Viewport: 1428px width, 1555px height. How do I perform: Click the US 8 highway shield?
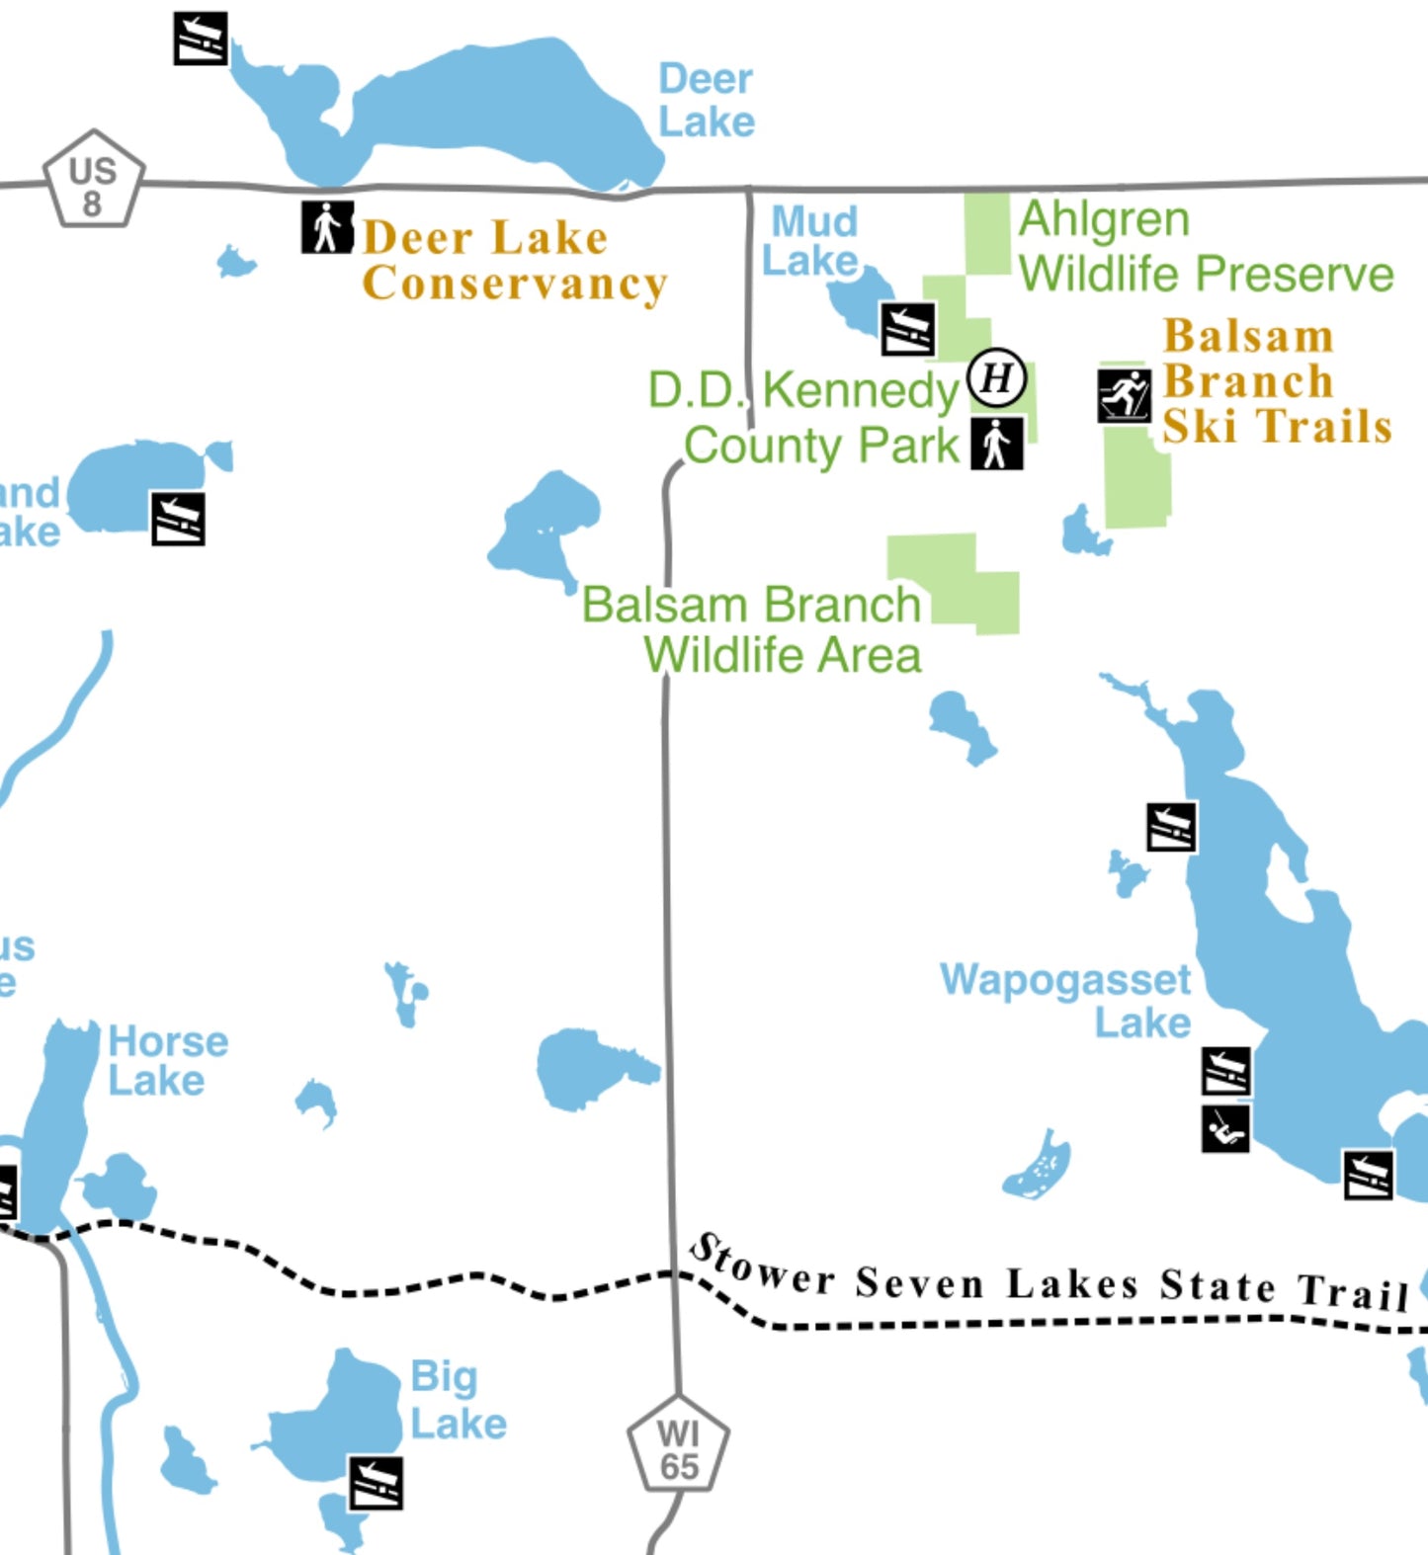coord(93,181)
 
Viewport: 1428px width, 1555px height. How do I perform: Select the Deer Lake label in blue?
coord(706,101)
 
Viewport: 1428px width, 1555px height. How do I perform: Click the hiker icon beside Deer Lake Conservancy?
coord(327,228)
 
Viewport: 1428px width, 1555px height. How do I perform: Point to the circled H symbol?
coord(996,377)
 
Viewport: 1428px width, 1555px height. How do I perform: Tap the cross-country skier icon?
coord(1124,396)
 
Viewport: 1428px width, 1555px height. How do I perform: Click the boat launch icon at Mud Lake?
coord(907,330)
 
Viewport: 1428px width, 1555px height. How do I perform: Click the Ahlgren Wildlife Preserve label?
coord(1205,247)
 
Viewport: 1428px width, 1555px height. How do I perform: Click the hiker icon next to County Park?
coord(996,444)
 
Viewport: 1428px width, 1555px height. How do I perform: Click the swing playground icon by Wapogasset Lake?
coord(1225,1128)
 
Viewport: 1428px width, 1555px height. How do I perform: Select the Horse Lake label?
coord(166,1060)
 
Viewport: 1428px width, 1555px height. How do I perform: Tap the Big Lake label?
coord(457,1399)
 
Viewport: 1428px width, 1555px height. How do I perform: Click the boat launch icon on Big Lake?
coord(376,1482)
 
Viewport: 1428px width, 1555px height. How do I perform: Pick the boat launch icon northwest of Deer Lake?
coord(201,39)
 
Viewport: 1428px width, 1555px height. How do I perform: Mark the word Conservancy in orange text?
coord(514,284)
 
